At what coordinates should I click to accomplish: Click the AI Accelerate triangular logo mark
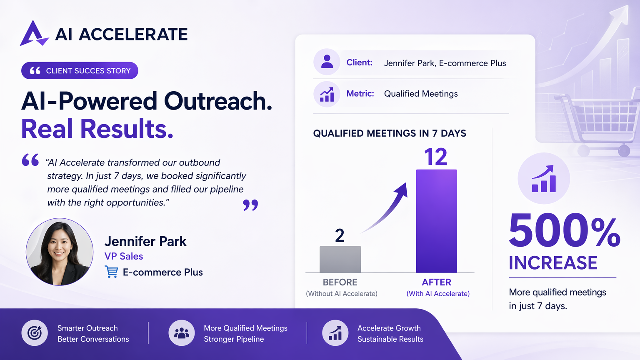34,34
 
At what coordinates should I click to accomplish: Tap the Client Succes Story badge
80,70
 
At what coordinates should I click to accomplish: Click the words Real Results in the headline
97,129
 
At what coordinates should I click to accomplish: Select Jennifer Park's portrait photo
60,252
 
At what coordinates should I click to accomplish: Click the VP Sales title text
124,256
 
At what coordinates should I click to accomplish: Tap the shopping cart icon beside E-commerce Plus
111,272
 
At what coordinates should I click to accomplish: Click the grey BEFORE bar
340,259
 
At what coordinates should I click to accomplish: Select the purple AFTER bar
436,221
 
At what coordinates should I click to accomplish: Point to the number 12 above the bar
435,157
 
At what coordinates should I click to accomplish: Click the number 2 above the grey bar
340,236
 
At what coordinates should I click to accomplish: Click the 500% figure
564,230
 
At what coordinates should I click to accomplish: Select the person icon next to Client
327,62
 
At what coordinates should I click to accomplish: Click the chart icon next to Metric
327,94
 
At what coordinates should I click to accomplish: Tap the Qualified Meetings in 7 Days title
390,133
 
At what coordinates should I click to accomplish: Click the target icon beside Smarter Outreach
35,333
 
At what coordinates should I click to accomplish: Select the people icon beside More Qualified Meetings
181,333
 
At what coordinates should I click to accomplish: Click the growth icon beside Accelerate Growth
335,333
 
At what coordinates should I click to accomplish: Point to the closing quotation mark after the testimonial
250,205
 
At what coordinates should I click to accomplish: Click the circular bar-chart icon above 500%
543,178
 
